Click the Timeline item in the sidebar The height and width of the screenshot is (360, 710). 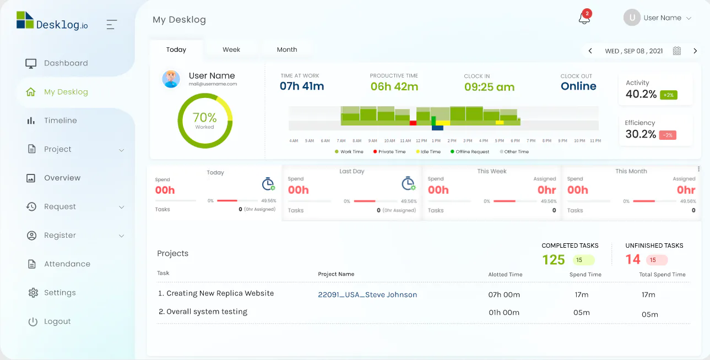[60, 121]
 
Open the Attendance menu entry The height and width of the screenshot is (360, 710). [67, 264]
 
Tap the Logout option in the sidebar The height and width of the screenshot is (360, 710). [57, 321]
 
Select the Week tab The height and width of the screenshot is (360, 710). [231, 50]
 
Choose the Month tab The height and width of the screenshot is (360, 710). [287, 50]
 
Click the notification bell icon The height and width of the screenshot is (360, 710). [584, 18]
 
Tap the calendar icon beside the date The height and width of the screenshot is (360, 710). [677, 51]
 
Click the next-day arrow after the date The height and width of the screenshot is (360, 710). [695, 51]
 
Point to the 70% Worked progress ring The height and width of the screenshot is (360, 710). [205, 121]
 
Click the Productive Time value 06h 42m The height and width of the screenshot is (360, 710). [394, 86]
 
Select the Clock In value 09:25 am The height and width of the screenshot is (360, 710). [489, 87]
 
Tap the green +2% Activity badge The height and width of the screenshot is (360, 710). [668, 95]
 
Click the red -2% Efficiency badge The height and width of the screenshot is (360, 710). [668, 135]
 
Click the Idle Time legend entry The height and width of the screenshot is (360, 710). [429, 151]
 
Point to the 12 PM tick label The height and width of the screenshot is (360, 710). [421, 141]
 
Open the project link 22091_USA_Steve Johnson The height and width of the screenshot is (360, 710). [367, 294]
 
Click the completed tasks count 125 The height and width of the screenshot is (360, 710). [554, 260]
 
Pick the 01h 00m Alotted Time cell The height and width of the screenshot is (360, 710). [504, 312]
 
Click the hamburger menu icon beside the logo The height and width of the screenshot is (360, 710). [112, 24]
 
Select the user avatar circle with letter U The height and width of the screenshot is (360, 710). [632, 18]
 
